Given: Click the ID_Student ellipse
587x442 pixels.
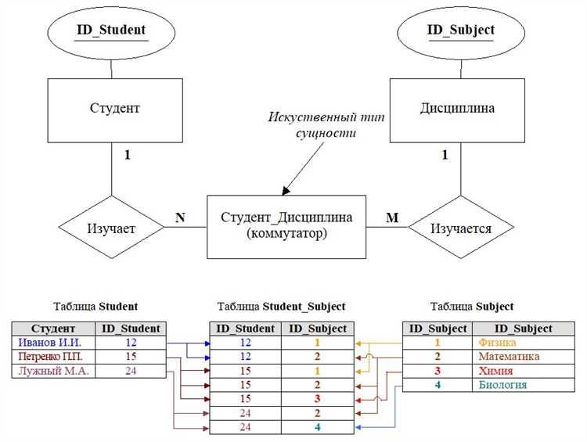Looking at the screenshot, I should click(x=111, y=31).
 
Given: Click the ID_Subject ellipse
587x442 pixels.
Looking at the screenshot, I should click(x=460, y=31).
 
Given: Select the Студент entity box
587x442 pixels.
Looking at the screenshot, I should click(x=111, y=109).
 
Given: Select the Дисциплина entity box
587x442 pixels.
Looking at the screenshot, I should click(x=445, y=109).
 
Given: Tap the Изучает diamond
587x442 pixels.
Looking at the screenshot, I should click(x=111, y=228).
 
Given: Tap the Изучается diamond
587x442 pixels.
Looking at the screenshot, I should click(x=461, y=228).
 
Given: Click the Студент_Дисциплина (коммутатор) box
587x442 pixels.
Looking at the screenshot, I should click(x=286, y=226).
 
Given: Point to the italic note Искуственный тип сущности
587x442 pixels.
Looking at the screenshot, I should click(x=320, y=125).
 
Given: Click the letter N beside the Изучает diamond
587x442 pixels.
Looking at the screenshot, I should click(x=180, y=217).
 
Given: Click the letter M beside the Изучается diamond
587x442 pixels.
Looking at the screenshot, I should click(x=392, y=217).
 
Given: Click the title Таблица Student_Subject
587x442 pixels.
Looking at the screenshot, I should click(x=281, y=306).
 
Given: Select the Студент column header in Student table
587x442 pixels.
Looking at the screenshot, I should click(x=53, y=329).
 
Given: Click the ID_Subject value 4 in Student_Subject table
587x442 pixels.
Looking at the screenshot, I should click(x=318, y=427).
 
